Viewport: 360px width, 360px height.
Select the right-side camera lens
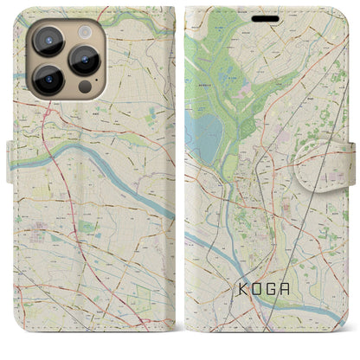(84, 61)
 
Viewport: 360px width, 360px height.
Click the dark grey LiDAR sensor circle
(84, 88)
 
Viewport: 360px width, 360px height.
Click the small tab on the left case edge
(10, 165)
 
